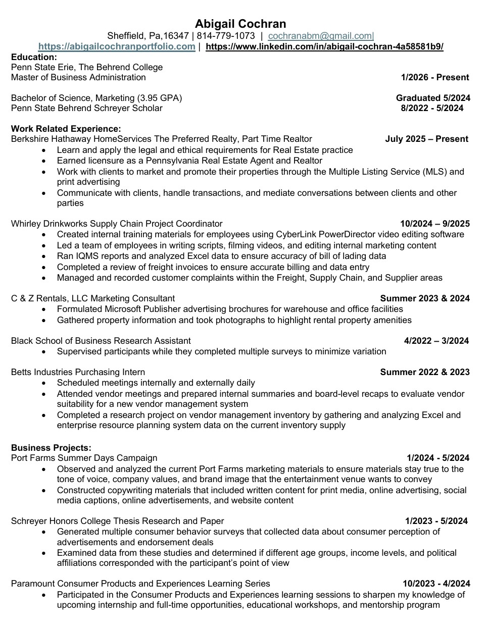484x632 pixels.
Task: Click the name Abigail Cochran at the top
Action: tap(240, 24)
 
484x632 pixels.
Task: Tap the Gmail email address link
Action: tap(320, 36)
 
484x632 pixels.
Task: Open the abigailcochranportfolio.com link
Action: tap(117, 46)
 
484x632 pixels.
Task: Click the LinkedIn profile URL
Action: tap(324, 46)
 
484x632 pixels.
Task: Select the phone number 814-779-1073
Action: tap(226, 36)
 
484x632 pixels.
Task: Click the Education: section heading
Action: tap(34, 57)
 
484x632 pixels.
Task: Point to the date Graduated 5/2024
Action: tap(433, 98)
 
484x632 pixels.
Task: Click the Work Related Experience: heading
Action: tap(66, 129)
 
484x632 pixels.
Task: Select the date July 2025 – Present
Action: tap(426, 139)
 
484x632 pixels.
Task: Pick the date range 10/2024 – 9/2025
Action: tap(434, 224)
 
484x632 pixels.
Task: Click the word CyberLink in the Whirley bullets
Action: tap(296, 234)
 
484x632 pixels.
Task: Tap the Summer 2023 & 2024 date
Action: tap(424, 298)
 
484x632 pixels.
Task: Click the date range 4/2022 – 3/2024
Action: tap(436, 341)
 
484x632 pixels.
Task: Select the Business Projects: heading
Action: tap(51, 448)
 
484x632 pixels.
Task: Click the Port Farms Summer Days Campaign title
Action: tap(84, 458)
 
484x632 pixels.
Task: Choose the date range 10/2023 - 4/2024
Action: tap(436, 584)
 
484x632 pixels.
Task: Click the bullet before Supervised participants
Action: tap(46, 352)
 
